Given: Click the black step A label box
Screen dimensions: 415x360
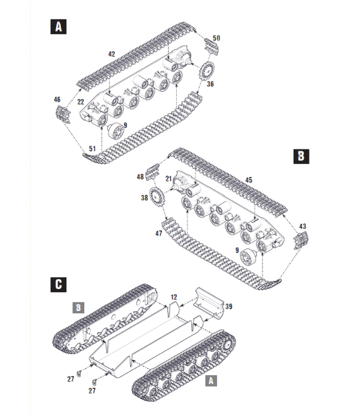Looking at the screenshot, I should pos(58,26).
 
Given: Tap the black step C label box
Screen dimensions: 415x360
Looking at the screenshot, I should pos(58,284).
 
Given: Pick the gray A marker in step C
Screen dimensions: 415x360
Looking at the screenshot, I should pos(212,381).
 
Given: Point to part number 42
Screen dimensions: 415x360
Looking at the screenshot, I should pos(111,54).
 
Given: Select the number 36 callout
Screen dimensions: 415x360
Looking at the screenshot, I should pos(210,84).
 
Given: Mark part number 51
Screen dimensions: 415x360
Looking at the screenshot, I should pos(92,148).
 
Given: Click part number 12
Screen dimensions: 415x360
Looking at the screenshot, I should pos(173,298).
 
